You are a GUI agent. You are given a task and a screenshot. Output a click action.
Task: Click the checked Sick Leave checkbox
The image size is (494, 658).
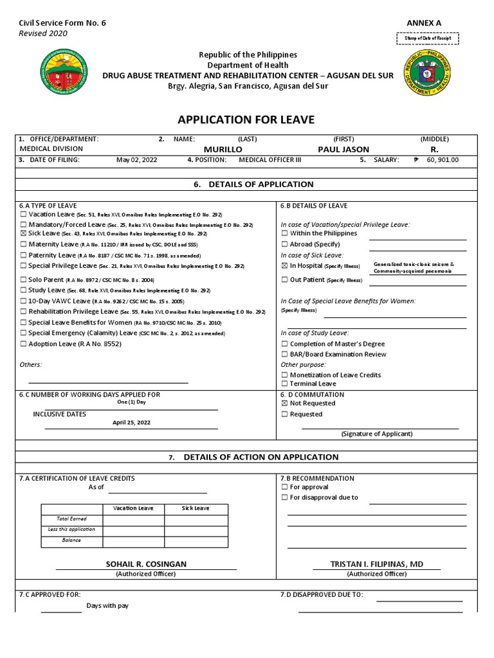pyautogui.click(x=24, y=235)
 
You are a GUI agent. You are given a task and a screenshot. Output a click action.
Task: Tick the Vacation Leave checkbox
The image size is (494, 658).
pyautogui.click(x=24, y=214)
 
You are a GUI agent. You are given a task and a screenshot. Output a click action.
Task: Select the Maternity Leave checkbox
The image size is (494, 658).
pyautogui.click(x=24, y=245)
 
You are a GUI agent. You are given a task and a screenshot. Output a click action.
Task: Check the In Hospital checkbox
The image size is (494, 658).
pyautogui.click(x=284, y=265)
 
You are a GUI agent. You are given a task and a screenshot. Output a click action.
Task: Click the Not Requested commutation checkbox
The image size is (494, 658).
pyautogui.click(x=284, y=404)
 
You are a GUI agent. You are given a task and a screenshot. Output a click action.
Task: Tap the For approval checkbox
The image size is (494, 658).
pyautogui.click(x=284, y=488)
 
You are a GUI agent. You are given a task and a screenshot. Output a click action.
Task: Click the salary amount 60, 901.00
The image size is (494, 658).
pyautogui.click(x=443, y=160)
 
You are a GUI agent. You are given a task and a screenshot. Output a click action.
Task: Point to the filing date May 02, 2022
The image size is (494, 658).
pyautogui.click(x=136, y=160)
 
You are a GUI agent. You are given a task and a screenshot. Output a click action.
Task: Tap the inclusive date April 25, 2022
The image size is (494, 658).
pyautogui.click(x=131, y=423)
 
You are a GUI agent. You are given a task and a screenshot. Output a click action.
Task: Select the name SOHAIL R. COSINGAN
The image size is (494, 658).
pyautogui.click(x=146, y=564)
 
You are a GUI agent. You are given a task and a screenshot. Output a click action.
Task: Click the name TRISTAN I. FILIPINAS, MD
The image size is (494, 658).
pyautogui.click(x=376, y=564)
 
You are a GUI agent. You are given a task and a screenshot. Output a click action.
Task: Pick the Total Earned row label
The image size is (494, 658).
pyautogui.click(x=71, y=519)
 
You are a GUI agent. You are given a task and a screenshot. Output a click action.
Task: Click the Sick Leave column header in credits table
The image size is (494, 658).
pyautogui.click(x=196, y=508)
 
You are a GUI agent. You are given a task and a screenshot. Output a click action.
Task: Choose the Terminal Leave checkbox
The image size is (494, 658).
pyautogui.click(x=284, y=384)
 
